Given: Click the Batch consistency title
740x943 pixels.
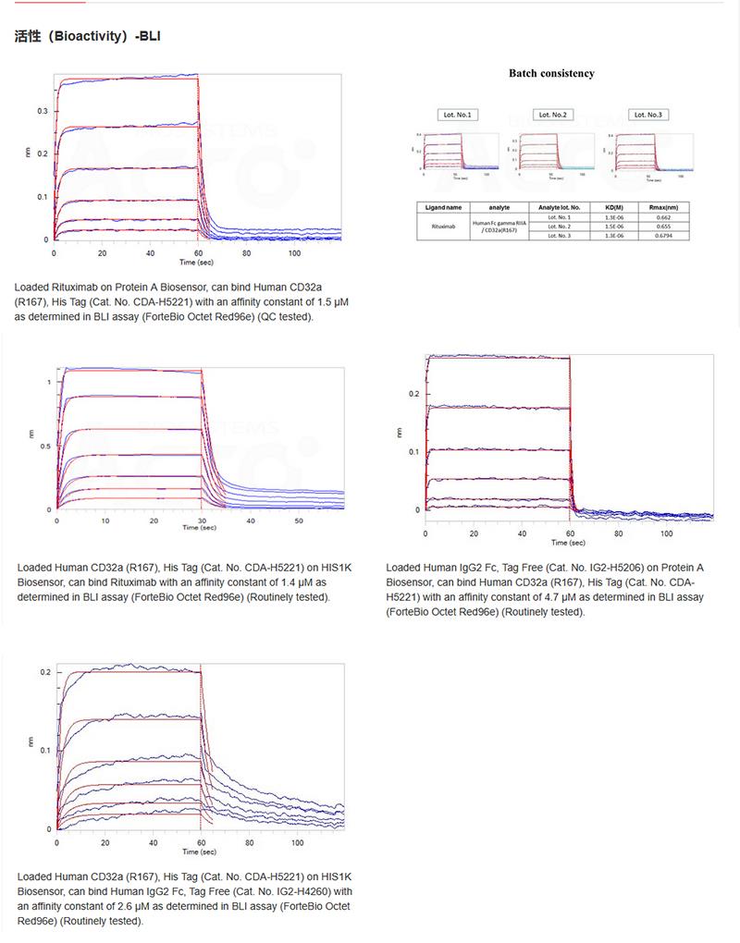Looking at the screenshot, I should pos(551,73).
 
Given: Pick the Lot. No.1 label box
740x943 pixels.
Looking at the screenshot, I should pos(458,115).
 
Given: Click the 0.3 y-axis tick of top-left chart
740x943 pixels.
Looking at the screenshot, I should pos(43,111).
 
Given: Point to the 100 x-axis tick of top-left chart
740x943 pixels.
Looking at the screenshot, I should pos(294,251).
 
